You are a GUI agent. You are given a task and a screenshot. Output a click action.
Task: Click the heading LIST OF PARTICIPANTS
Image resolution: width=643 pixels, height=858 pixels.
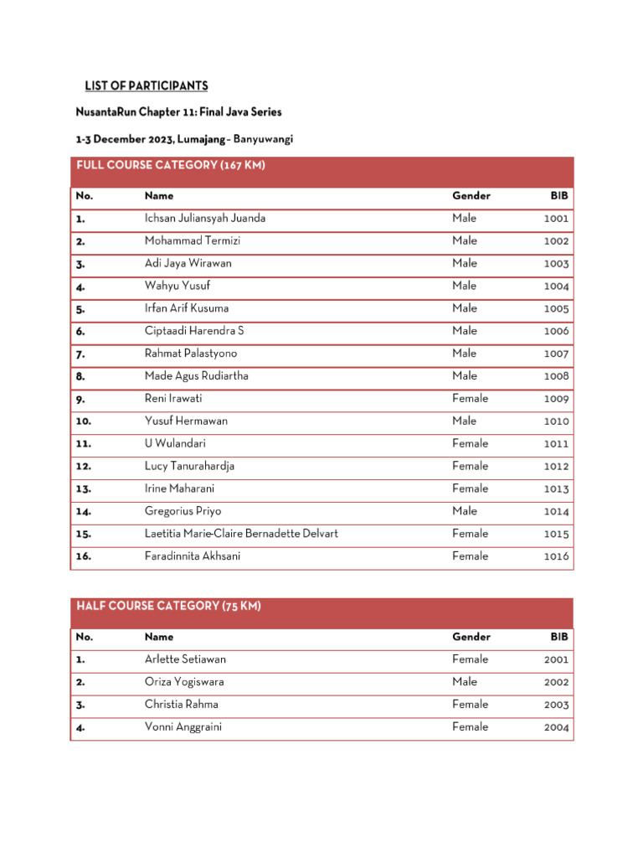(147, 86)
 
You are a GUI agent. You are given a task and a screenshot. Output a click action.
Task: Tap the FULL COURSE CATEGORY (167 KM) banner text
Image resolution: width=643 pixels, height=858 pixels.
(171, 166)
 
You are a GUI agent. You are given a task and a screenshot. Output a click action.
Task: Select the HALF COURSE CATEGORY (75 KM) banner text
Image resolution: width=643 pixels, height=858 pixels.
(168, 607)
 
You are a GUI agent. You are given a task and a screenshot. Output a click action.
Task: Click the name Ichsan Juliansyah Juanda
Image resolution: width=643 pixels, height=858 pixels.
(205, 219)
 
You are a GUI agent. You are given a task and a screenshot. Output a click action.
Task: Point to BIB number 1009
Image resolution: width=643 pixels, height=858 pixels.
(556, 400)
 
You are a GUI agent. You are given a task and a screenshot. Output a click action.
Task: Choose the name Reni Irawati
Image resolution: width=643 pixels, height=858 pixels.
(173, 399)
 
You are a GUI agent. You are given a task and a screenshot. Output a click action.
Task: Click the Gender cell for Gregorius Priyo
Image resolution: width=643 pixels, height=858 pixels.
(465, 511)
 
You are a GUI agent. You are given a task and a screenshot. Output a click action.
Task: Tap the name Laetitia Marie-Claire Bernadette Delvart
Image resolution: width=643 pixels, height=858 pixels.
(241, 534)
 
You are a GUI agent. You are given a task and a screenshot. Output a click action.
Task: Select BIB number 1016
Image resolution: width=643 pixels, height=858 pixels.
(556, 556)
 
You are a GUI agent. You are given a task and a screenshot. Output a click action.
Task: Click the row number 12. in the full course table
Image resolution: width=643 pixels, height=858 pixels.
(84, 467)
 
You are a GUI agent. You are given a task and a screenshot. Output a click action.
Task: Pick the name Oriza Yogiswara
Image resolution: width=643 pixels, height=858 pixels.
(184, 682)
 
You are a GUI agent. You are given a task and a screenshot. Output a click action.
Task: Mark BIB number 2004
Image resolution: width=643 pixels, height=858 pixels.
(556, 728)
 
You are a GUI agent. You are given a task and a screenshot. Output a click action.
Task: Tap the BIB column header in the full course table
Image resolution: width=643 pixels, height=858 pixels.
(559, 196)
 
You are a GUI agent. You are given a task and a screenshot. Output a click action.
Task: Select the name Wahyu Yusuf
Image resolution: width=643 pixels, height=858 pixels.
(177, 287)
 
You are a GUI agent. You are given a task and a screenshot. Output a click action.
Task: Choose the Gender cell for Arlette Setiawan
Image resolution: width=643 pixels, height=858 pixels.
(470, 659)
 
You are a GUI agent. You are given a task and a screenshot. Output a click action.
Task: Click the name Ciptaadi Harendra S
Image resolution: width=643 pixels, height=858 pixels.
(194, 331)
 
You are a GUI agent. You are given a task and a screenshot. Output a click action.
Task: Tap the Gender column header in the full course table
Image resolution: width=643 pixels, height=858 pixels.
(471, 196)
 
